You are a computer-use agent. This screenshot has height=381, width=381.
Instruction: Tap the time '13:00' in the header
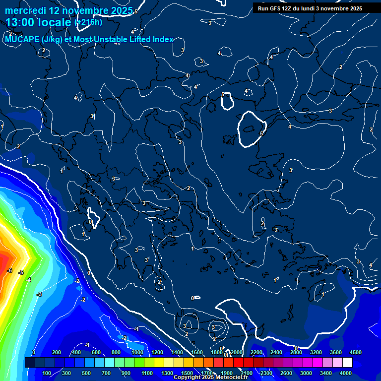tap(22, 22)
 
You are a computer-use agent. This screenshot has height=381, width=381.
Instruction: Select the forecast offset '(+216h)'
tap(88, 22)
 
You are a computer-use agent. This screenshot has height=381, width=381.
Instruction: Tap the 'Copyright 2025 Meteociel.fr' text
tap(210, 377)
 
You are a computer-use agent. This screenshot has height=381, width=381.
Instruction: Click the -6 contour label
tap(9, 270)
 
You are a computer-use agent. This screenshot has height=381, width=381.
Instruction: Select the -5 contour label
tap(21, 272)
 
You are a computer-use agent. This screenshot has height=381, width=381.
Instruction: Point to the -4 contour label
tap(28, 280)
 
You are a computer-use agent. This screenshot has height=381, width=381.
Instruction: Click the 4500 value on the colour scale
tap(355, 352)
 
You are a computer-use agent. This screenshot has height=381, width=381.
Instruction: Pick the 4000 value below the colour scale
tap(346, 373)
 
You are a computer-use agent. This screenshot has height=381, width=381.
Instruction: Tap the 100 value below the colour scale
tap(47, 373)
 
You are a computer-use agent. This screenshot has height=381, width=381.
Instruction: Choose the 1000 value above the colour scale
tap(137, 352)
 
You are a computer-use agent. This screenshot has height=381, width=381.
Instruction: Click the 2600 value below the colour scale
tap(286, 373)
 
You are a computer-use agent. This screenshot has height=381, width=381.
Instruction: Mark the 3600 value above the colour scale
tap(335, 352)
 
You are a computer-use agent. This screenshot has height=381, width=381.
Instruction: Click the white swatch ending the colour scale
tap(347, 363)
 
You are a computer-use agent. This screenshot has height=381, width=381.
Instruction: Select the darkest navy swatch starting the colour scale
tap(30, 363)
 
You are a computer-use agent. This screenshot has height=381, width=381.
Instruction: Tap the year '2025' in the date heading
tap(121, 10)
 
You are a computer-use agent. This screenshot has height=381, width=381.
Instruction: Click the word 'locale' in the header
tap(56, 22)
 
